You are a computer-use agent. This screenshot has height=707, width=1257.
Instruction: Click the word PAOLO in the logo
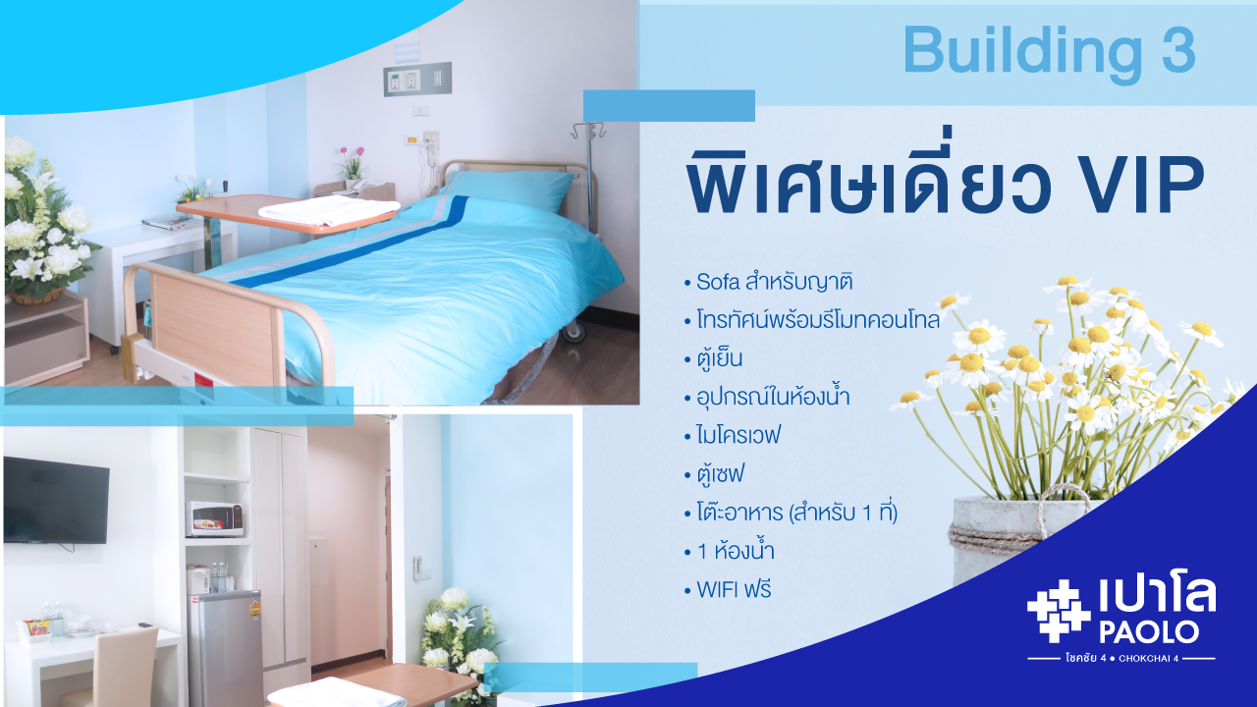(x=1149, y=631)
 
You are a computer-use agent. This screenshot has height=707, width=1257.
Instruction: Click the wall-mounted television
(x=56, y=501)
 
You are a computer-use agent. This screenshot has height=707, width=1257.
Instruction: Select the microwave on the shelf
(x=215, y=519)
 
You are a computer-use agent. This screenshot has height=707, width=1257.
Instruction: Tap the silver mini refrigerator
(x=226, y=648)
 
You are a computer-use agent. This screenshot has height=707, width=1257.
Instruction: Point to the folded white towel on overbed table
(x=328, y=211)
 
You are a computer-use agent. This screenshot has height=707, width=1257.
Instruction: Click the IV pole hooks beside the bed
(x=587, y=132)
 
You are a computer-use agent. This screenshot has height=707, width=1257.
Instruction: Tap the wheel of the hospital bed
(x=573, y=331)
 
